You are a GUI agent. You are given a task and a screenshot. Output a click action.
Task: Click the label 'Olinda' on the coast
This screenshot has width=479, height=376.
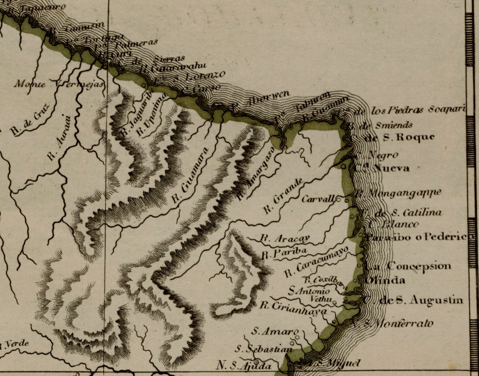(385, 280)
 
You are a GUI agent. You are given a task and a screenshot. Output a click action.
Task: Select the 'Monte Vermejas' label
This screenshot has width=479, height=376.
(59, 84)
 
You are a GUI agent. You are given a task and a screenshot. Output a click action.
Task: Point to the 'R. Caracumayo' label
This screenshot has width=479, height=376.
(315, 262)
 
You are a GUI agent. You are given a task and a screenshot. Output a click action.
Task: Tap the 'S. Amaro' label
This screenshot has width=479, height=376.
(275, 331)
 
